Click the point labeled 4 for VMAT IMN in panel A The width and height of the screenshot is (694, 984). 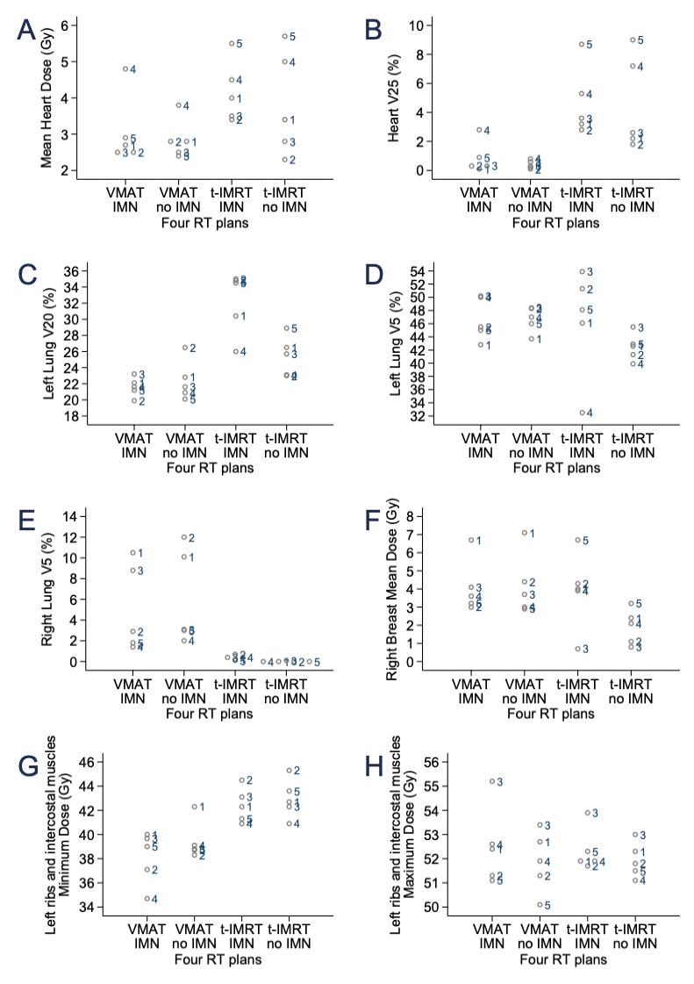tap(125, 68)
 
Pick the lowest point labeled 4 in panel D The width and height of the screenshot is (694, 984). tap(581, 413)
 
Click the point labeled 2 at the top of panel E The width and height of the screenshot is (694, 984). tap(182, 537)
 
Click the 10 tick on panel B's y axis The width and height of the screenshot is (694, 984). tap(420, 25)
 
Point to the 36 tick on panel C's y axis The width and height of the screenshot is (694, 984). tap(76, 271)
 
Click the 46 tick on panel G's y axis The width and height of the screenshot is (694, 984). tap(76, 762)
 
